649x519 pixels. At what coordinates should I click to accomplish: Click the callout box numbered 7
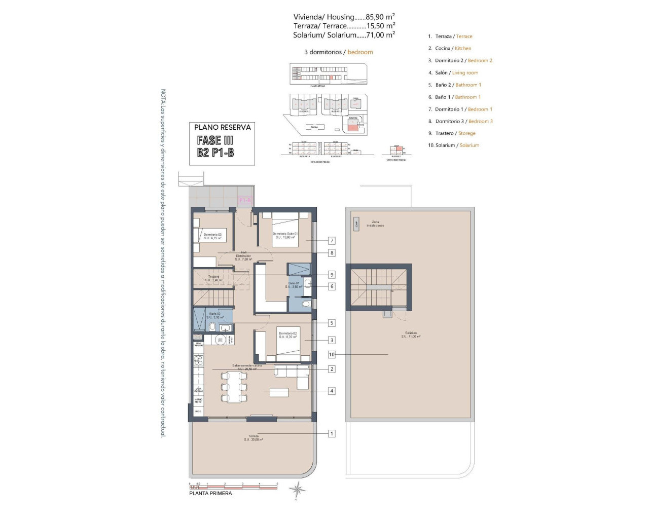(x=332, y=241)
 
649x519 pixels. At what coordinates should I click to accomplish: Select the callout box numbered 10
(x=332, y=355)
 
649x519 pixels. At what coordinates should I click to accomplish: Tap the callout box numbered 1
(x=332, y=433)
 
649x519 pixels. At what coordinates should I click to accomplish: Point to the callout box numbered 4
(x=332, y=391)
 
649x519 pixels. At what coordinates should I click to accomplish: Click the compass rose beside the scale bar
(x=297, y=490)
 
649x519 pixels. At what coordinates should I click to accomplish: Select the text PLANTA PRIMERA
(x=210, y=493)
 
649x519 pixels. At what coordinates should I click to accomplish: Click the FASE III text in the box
(x=215, y=140)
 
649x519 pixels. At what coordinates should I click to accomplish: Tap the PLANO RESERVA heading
(x=222, y=127)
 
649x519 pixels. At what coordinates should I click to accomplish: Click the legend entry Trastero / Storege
(x=455, y=133)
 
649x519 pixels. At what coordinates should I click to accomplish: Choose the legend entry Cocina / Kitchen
(x=453, y=48)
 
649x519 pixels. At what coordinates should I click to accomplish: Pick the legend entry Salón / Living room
(x=456, y=72)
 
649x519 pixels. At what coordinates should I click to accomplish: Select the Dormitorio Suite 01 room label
(x=284, y=235)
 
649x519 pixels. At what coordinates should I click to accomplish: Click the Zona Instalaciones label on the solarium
(x=375, y=224)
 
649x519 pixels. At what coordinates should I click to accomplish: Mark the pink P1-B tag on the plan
(x=245, y=201)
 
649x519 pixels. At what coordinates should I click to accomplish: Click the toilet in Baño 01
(x=306, y=304)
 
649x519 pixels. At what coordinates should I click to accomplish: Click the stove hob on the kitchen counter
(x=198, y=360)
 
